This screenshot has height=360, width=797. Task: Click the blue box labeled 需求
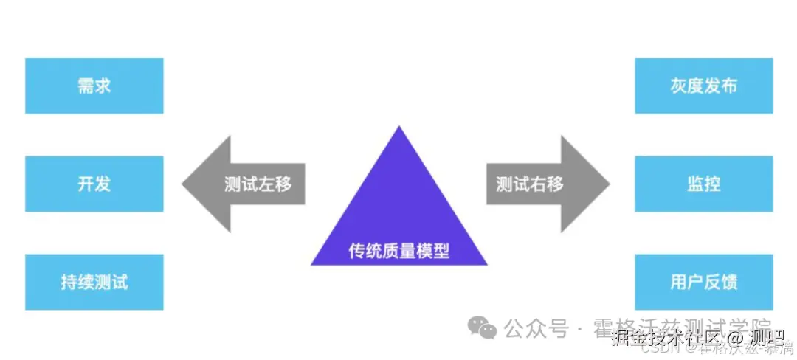[94, 86]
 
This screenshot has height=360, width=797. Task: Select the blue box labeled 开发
[94, 184]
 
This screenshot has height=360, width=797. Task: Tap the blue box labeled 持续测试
[94, 282]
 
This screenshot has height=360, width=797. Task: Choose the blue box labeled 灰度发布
[703, 86]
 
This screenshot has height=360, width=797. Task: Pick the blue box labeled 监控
[703, 184]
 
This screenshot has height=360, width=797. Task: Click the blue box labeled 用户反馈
[703, 282]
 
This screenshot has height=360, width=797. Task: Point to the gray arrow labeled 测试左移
[244, 184]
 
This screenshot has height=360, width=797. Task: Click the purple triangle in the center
[399, 214]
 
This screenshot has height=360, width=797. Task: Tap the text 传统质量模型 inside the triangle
[399, 251]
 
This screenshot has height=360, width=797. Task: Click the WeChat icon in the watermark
[484, 328]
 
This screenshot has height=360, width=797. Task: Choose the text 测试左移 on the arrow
[258, 184]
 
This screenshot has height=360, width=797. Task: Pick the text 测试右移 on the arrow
[530, 184]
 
